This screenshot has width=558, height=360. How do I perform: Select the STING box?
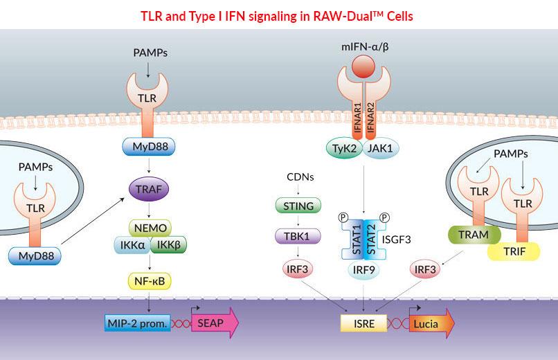coord(295,205)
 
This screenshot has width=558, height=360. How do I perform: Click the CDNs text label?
coord(295,177)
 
